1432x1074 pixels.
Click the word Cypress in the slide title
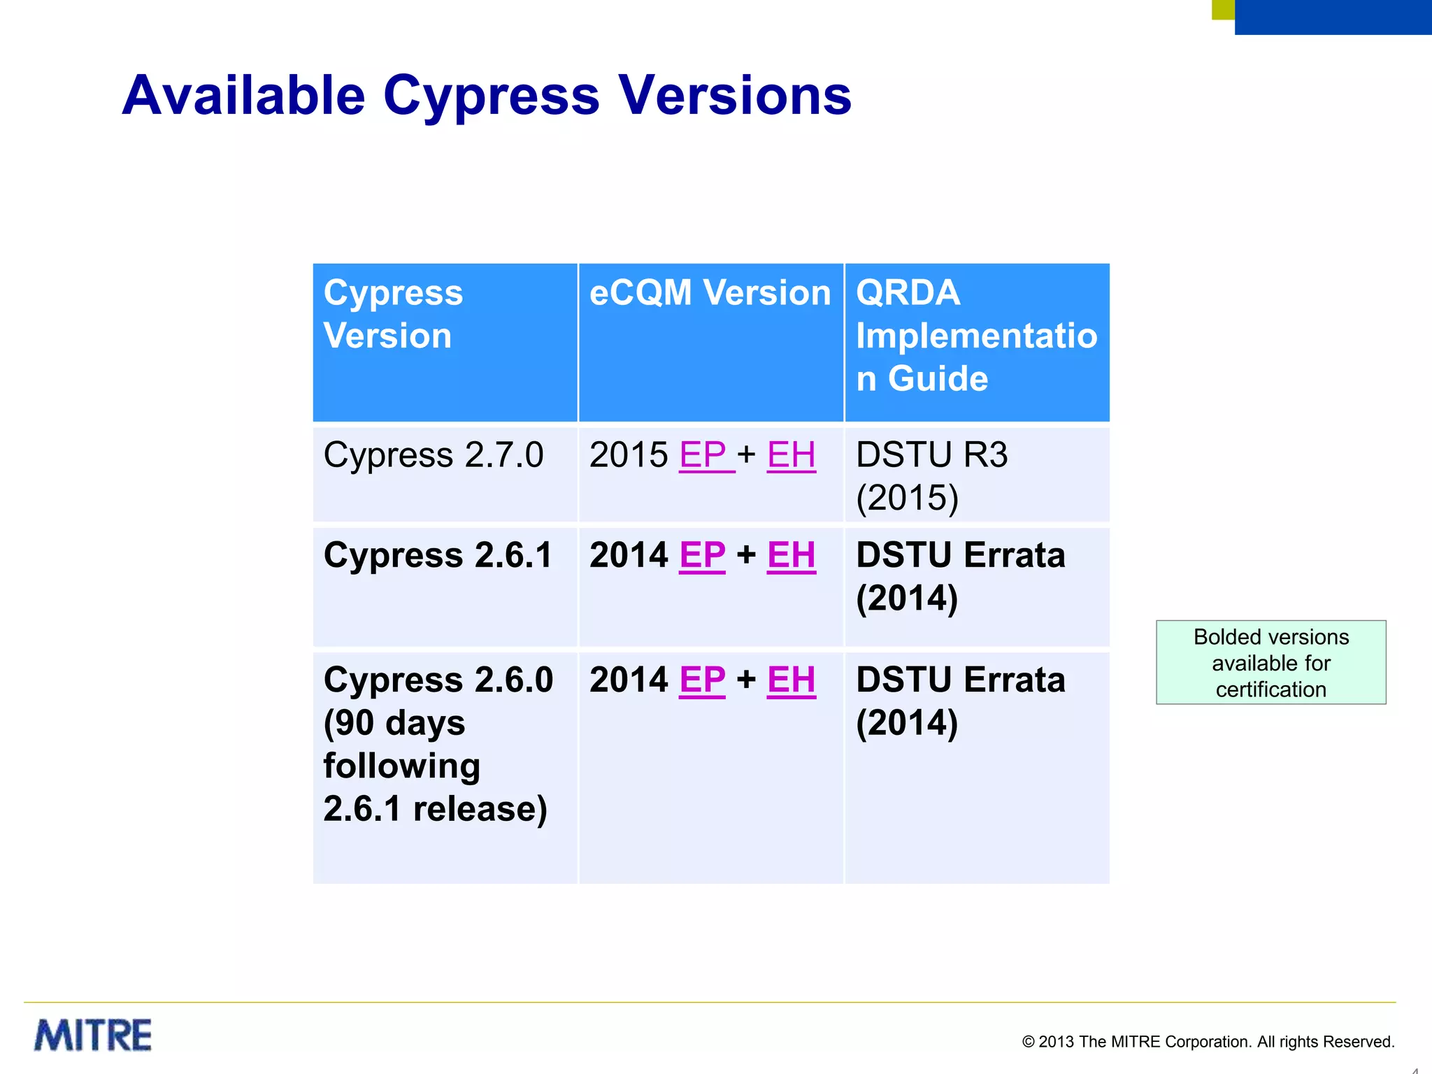491,96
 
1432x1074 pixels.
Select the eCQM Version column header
710,293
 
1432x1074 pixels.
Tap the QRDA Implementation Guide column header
976,336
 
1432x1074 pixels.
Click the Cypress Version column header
393,314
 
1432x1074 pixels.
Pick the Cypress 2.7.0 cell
433,455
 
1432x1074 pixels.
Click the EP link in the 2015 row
703,455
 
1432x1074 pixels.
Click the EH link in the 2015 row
791,455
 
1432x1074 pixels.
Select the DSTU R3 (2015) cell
931,475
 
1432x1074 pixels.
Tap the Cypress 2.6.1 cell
438,556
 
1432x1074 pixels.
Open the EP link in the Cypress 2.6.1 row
702,556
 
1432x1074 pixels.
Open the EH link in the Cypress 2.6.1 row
791,556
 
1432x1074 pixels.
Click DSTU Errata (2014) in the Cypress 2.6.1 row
960,576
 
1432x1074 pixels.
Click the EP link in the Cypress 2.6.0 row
702,680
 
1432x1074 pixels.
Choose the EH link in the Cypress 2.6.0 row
791,680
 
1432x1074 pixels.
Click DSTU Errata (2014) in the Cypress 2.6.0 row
960,701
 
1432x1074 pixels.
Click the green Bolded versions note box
1270,662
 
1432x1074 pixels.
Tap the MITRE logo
93,1035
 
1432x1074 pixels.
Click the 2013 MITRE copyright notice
1208,1042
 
